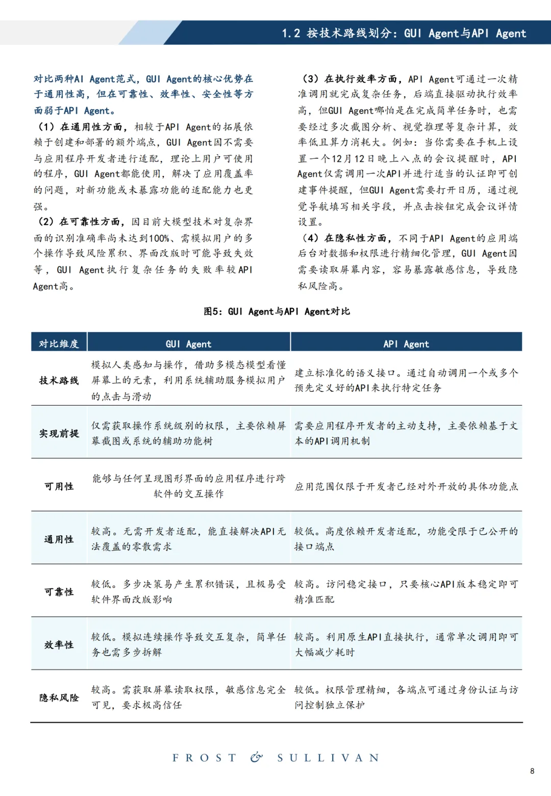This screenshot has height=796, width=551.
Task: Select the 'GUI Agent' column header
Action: coord(188,344)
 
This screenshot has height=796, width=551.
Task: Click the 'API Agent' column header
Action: coord(406,344)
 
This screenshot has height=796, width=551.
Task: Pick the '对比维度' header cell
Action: coord(59,344)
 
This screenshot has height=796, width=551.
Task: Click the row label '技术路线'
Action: coord(59,380)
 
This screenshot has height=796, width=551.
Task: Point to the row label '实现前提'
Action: coord(59,433)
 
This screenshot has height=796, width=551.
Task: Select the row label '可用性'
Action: coord(59,486)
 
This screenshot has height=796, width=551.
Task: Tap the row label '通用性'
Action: coord(59,539)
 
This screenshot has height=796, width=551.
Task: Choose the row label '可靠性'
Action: coord(59,592)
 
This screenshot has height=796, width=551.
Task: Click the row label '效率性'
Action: coord(59,644)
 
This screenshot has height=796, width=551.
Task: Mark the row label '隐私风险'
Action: coord(59,698)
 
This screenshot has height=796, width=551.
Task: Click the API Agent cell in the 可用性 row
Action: coord(406,486)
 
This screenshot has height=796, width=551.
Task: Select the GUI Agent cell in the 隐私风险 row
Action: coord(188,698)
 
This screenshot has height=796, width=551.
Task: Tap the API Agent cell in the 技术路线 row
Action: coord(406,380)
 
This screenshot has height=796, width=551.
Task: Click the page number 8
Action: coord(532,771)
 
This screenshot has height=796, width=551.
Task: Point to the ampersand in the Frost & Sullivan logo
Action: coord(257,757)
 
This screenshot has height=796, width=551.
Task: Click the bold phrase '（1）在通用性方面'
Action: coord(82,127)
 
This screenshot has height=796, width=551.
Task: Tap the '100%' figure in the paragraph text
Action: coord(159,238)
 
